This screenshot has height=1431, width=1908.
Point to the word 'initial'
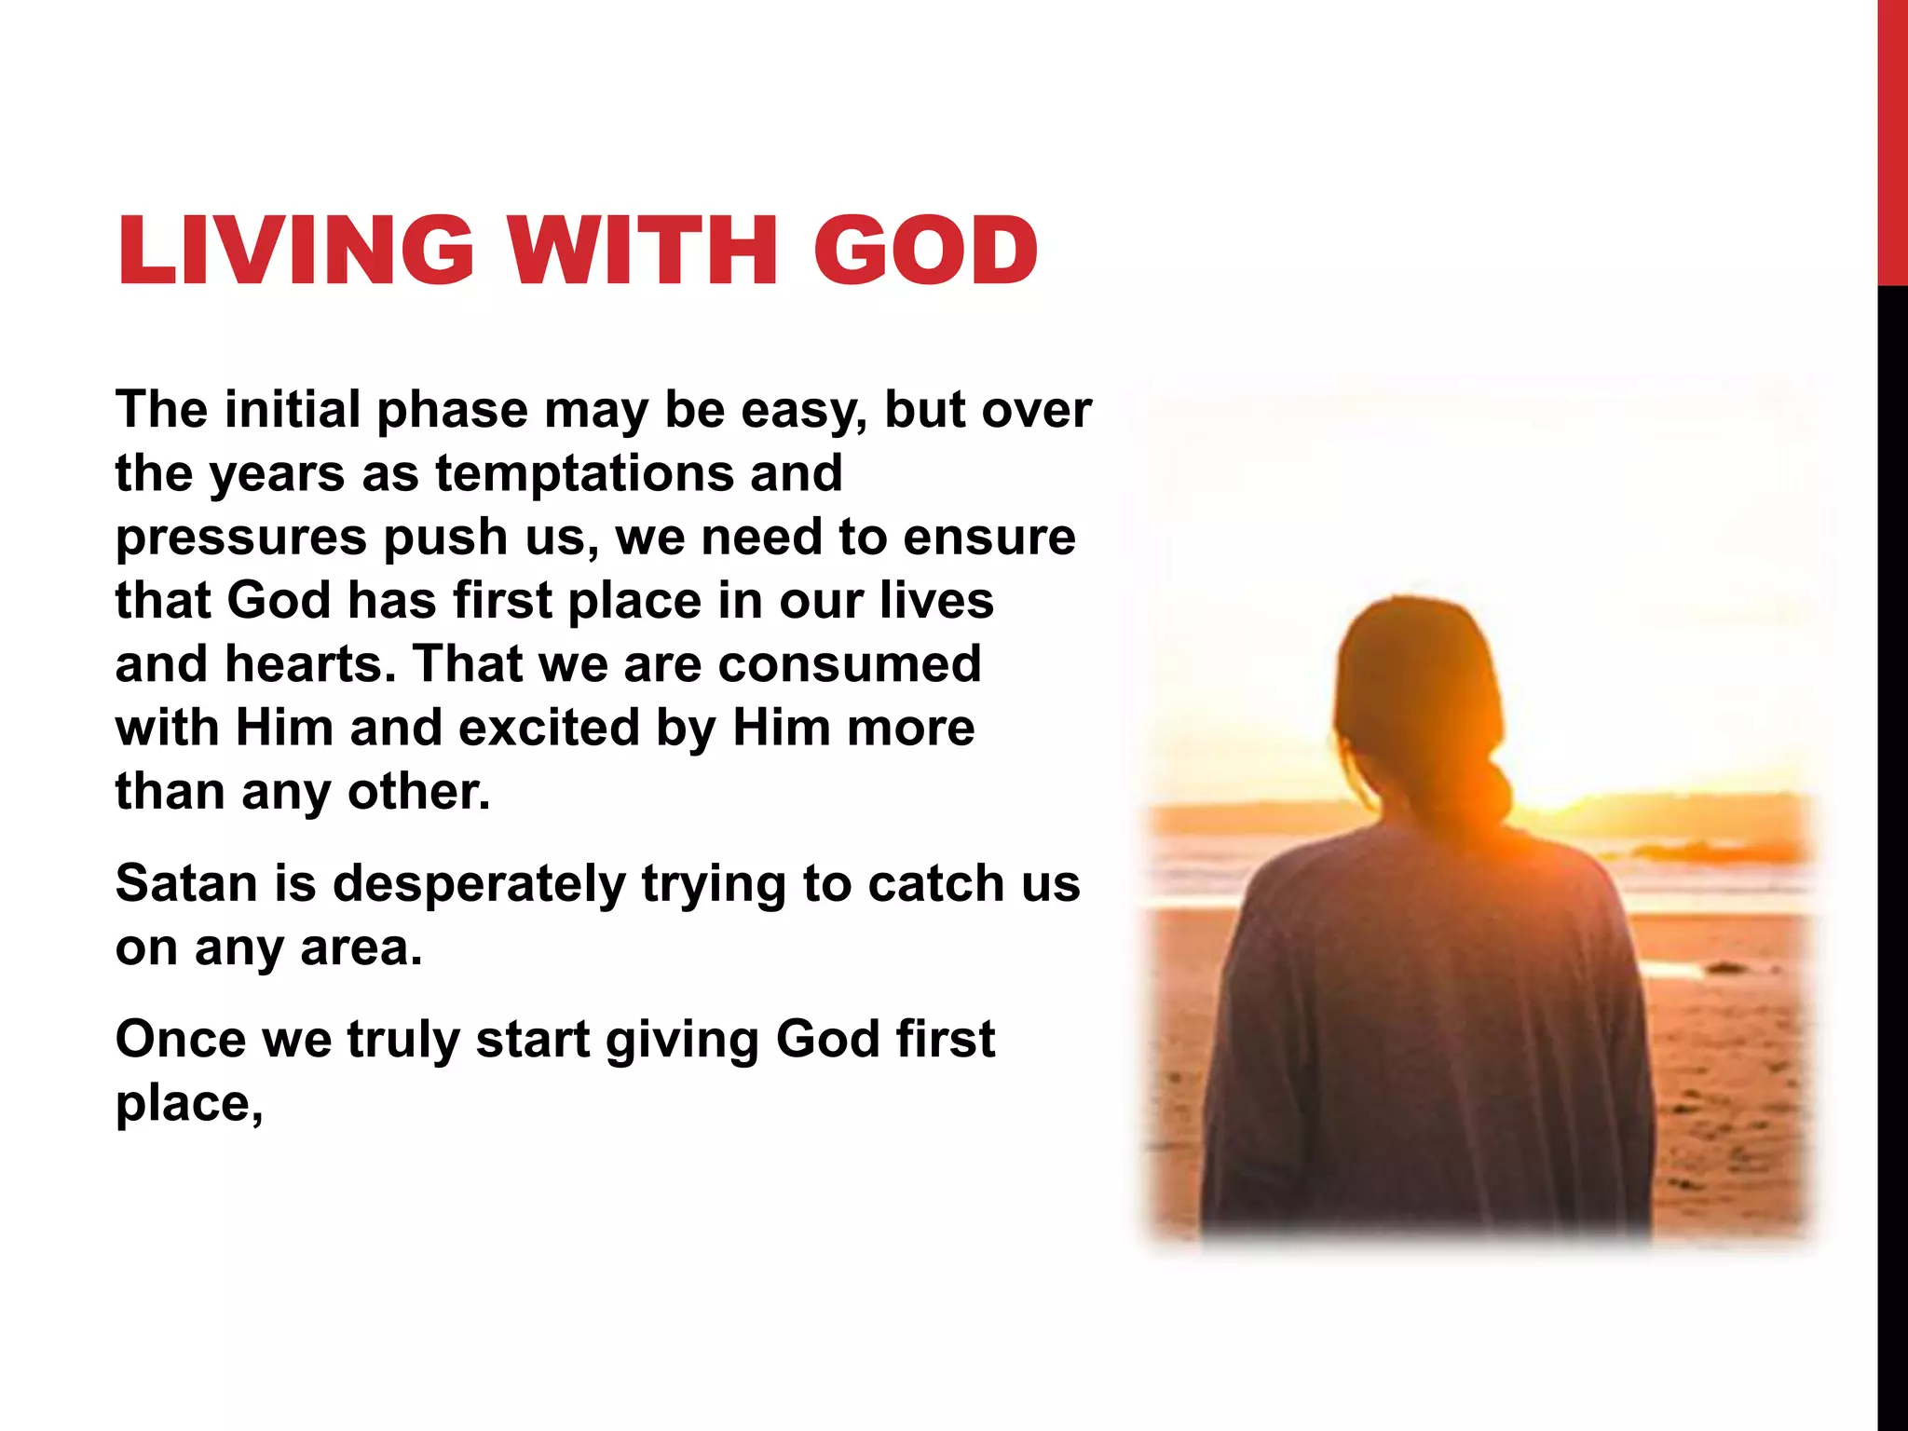tap(293, 409)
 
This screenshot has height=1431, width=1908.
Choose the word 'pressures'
tap(240, 538)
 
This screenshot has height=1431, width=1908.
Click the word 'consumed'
tap(850, 663)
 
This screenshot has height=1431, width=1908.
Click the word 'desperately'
tap(479, 884)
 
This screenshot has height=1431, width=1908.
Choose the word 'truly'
tap(402, 1040)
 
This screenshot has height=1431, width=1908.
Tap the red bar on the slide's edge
tap(1892, 140)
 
